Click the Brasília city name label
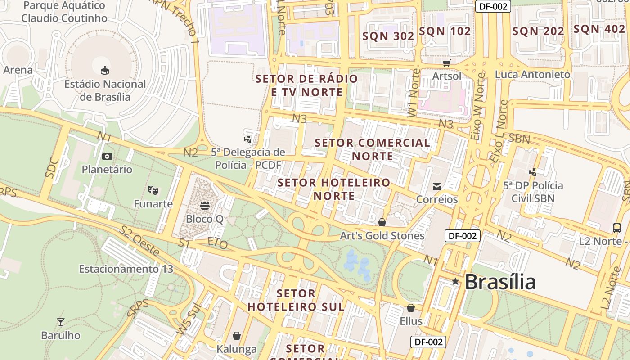point(499,282)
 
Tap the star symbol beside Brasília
point(455,282)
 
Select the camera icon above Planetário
point(107,156)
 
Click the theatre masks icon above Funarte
point(153,190)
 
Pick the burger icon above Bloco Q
point(205,206)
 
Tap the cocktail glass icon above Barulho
point(61,322)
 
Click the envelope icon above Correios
point(436,186)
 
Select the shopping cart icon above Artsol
point(446,63)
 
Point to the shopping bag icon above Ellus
point(410,308)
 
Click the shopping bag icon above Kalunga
point(237,336)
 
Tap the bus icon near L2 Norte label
point(617,228)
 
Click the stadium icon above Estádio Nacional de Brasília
point(105,70)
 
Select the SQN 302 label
point(388,36)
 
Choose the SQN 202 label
point(538,31)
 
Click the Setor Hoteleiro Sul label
point(296,300)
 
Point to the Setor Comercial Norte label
point(372,149)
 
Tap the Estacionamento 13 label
point(126,269)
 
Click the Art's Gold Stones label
point(382,236)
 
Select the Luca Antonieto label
point(532,75)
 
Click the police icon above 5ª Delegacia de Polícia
point(247,138)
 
